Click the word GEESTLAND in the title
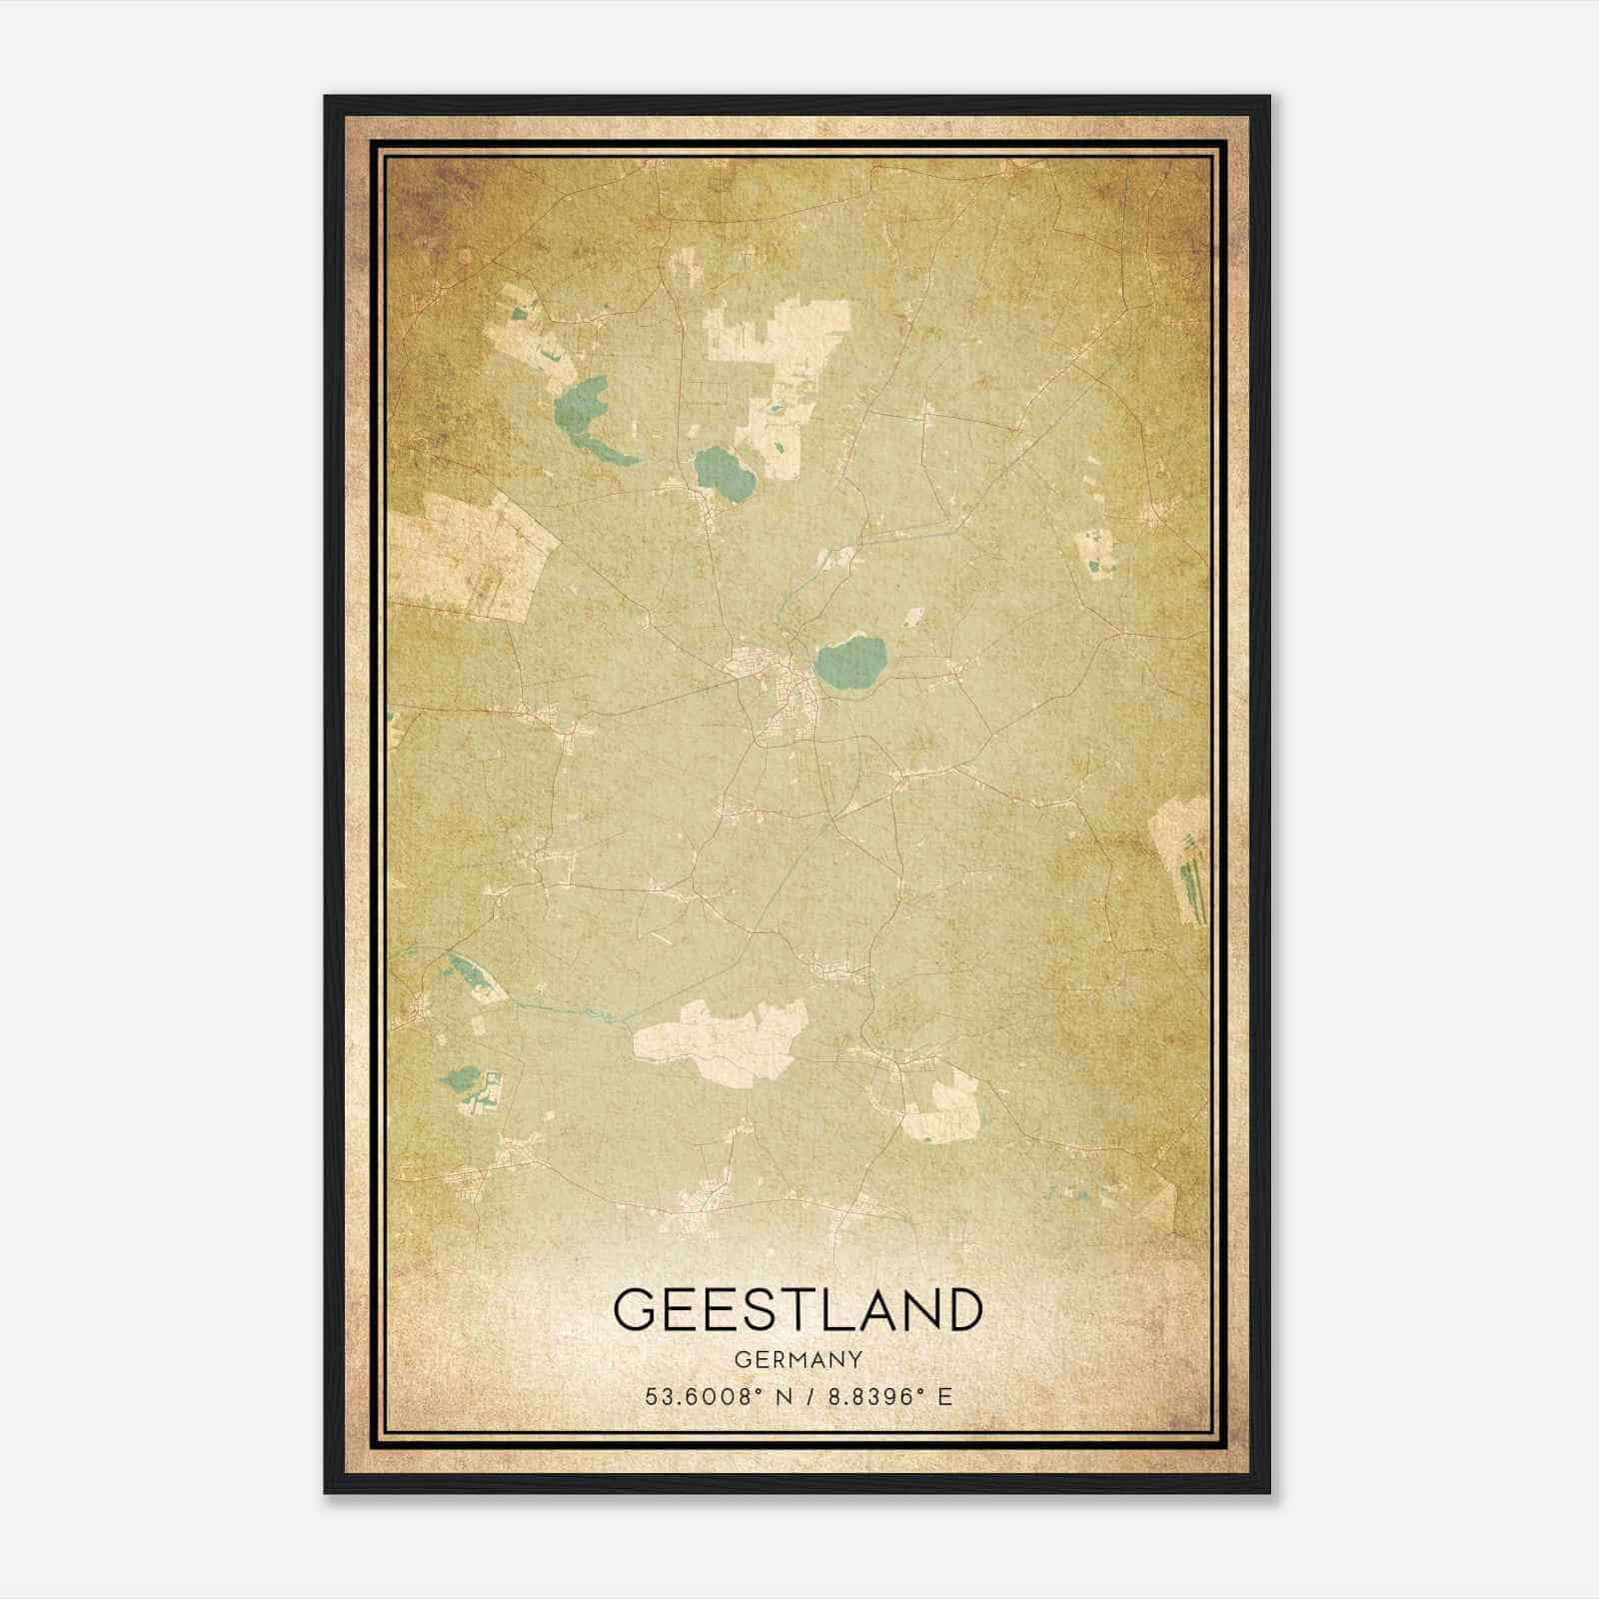(x=798, y=1309)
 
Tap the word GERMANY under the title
(x=798, y=1360)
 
